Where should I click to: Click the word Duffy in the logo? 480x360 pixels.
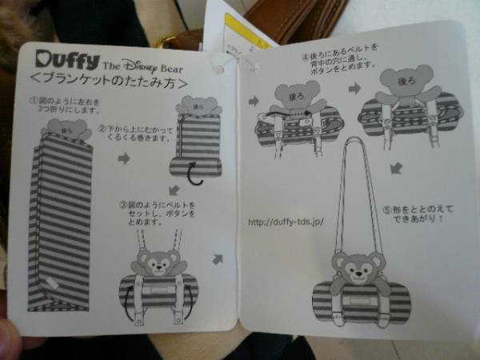point(67,60)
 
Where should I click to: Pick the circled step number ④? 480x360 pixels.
point(304,58)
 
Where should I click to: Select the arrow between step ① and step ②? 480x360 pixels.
point(124,158)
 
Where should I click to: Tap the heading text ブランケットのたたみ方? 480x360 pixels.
point(112,82)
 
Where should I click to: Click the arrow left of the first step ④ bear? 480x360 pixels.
point(254,101)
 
